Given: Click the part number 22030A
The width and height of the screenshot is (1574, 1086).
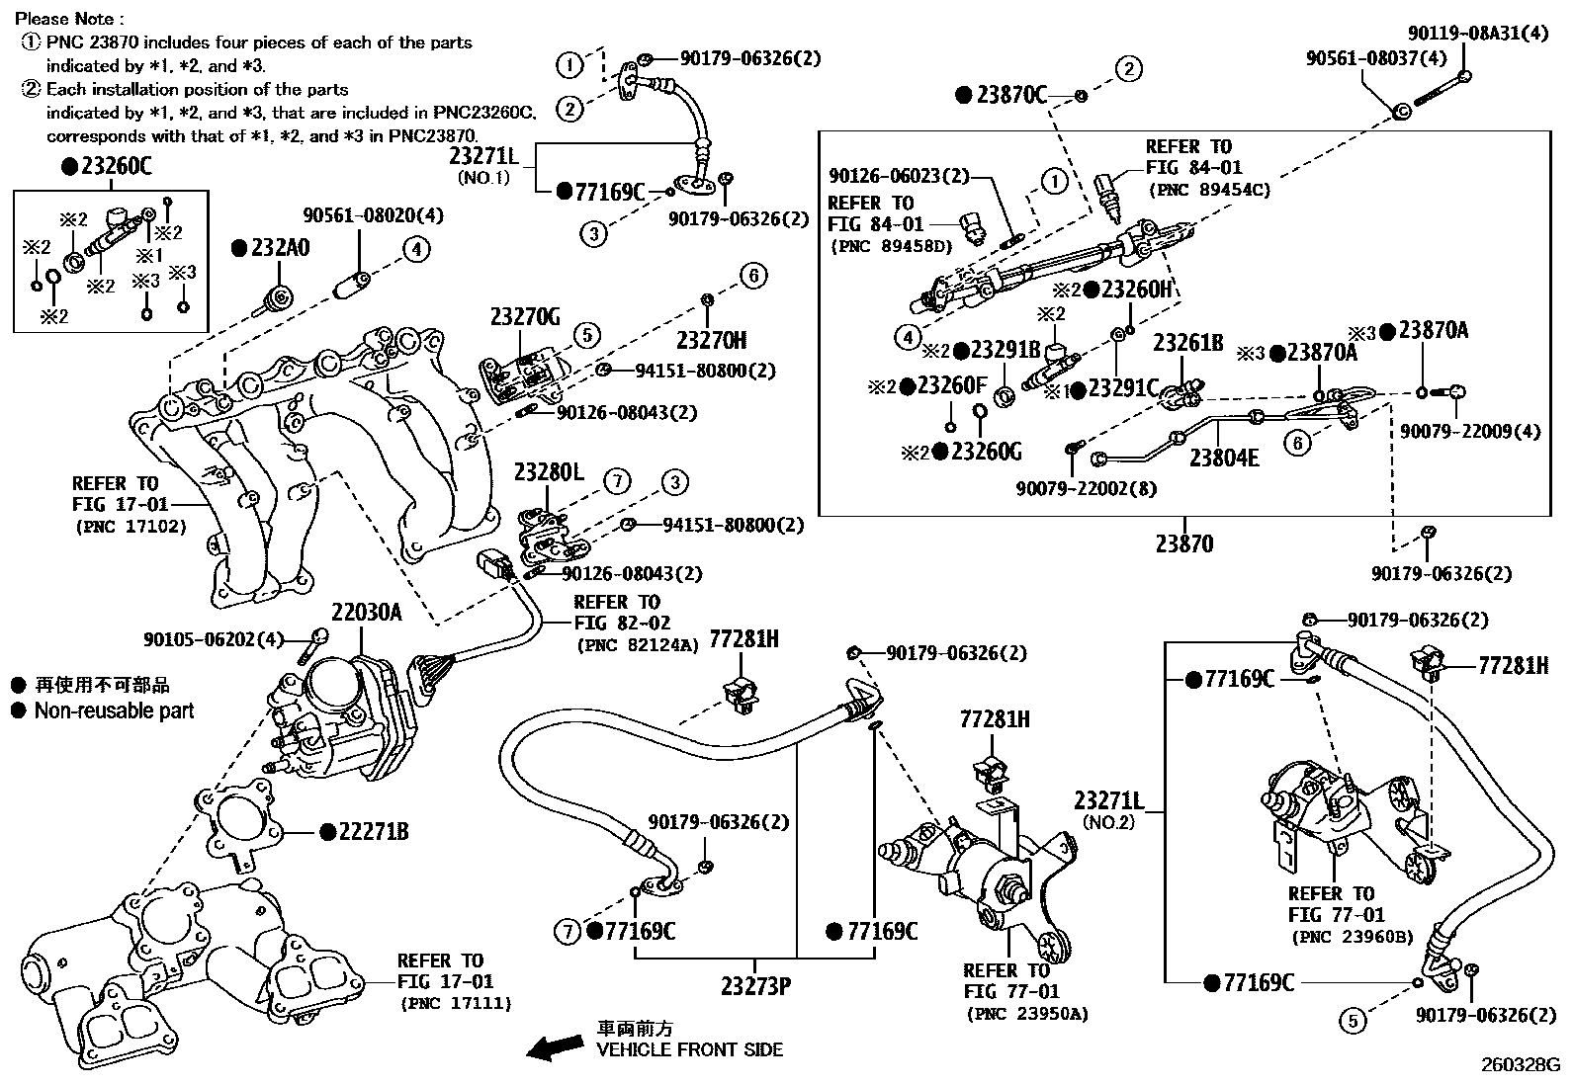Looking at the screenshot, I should point(366,613).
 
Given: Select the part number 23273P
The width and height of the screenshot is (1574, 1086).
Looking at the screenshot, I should point(754,986).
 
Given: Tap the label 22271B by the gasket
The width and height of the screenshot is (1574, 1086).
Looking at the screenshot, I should point(373,832).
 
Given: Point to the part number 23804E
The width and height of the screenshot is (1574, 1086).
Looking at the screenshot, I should point(1224,458).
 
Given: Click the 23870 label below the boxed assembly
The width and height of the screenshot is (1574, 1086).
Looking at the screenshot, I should point(1183,543).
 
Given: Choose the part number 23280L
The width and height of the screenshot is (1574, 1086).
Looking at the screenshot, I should point(549,473).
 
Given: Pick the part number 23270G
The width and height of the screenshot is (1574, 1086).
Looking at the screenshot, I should point(525,317).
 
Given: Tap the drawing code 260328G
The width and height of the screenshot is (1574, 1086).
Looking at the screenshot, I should point(1519,1065).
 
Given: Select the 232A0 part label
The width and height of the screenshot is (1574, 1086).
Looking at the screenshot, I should point(279,248).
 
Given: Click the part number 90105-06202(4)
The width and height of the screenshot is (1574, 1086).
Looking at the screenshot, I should point(213,639).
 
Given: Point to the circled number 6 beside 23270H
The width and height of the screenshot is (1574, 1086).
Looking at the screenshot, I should point(752,276).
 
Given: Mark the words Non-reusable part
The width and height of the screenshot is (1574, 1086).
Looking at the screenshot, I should point(114,710).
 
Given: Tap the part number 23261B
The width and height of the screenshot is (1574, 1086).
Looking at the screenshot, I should point(1187,343).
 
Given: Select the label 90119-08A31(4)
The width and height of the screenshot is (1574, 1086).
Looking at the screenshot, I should point(1478,33).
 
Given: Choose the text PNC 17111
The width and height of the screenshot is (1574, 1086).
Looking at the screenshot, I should point(456,1003).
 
